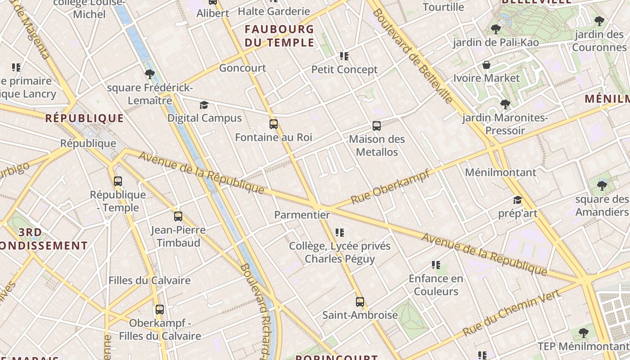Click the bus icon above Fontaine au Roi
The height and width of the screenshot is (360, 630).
pos(273,124)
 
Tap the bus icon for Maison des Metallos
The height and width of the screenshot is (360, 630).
pos(377,126)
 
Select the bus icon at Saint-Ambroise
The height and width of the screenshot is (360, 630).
pos(360,302)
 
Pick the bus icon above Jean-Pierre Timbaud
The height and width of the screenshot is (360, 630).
pos(178,216)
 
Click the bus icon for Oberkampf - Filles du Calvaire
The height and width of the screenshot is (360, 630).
pos(160,310)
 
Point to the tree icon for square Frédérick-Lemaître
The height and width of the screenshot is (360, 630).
pos(150,74)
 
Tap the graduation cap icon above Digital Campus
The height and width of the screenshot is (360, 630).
pos(204,105)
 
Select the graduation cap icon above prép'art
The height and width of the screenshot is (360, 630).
pos(517,200)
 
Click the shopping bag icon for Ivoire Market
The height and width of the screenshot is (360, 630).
pos(486,65)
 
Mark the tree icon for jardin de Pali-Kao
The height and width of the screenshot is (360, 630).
pos(496,29)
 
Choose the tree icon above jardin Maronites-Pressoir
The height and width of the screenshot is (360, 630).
pos(505,104)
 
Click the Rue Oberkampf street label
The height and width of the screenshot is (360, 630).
pos(390,186)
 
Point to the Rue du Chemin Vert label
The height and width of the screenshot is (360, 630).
pos(511,313)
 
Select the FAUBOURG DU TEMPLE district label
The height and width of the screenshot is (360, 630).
pos(279,36)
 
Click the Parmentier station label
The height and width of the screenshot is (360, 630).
pos(302,215)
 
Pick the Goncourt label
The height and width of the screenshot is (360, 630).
pos(243,68)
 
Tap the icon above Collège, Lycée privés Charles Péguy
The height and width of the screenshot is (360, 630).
pos(340,233)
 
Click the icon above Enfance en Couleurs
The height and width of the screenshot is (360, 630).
pos(436,265)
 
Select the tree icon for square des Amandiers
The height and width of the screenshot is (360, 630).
pos(602,185)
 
